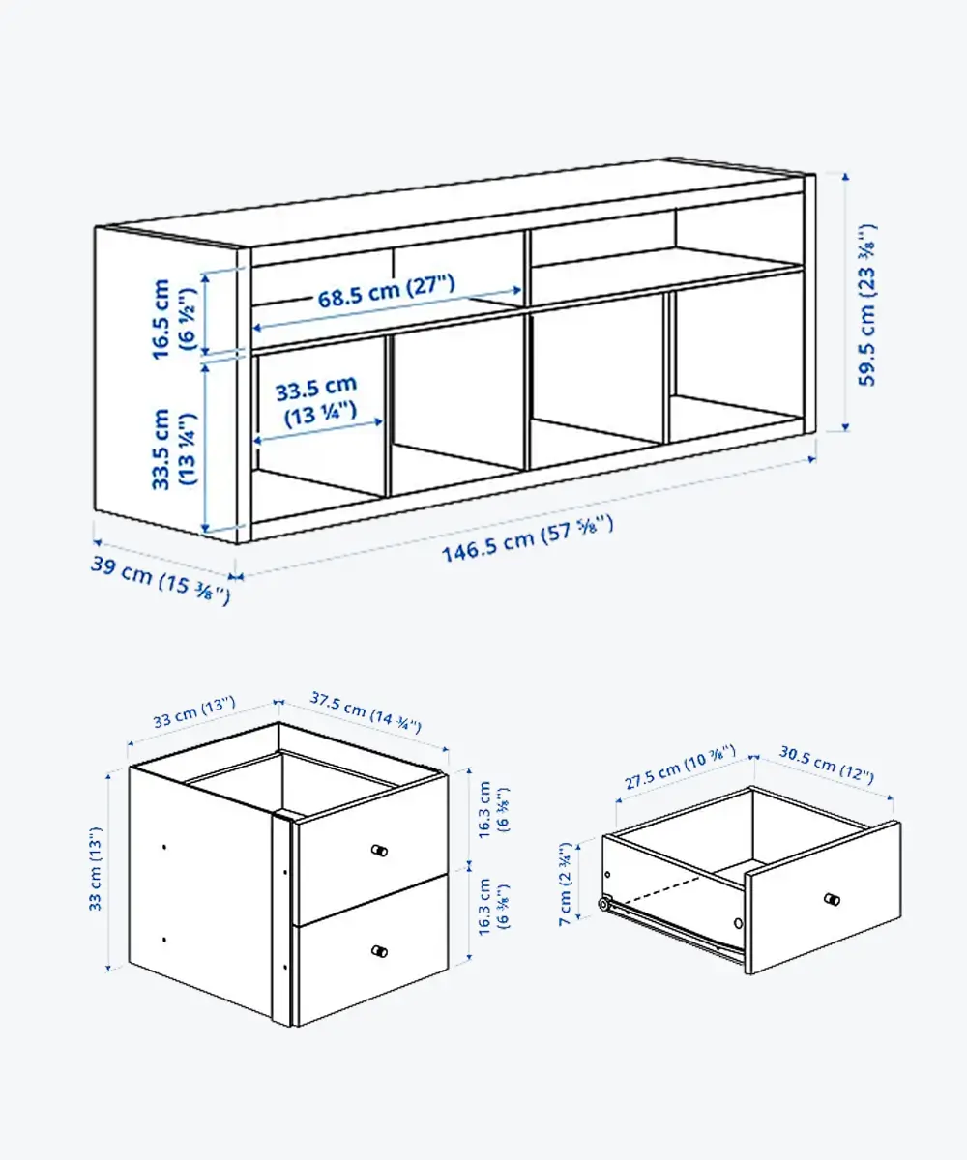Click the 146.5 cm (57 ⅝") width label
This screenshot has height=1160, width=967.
[527, 538]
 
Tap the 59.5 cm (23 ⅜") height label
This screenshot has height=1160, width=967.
[867, 305]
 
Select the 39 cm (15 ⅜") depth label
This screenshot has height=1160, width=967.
[161, 580]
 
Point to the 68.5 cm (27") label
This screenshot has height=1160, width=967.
[386, 291]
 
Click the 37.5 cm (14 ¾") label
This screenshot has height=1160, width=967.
[366, 712]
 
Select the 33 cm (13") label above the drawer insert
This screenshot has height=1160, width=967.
[194, 712]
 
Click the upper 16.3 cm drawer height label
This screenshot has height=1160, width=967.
[492, 809]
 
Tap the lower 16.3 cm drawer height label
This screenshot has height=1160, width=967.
[492, 906]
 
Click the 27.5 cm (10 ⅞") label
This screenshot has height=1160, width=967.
[680, 768]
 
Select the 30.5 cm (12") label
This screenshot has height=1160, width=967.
[827, 764]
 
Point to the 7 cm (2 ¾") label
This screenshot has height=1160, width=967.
[565, 884]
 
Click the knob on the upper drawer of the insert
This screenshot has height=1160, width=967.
[379, 851]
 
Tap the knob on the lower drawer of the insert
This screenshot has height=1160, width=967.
[379, 951]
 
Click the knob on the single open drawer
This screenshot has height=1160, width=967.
[832, 899]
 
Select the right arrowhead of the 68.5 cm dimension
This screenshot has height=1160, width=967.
[517, 290]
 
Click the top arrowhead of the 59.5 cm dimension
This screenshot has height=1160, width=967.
[845, 177]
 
